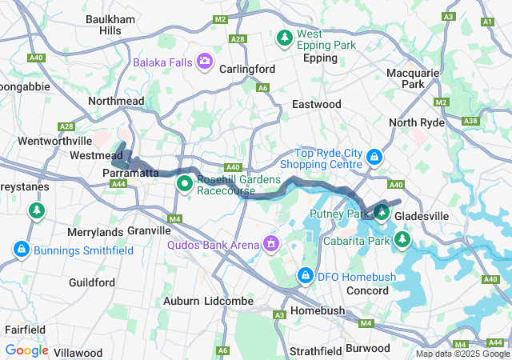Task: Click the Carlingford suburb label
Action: pyautogui.click(x=247, y=69)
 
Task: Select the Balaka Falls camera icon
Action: pyautogui.click(x=206, y=61)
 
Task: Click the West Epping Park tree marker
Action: pyautogui.click(x=284, y=38)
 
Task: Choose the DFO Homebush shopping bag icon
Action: pyautogui.click(x=305, y=276)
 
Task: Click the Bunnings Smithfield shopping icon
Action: pyautogui.click(x=22, y=249)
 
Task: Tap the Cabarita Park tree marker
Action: pyautogui.click(x=402, y=239)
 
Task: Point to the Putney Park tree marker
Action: pyautogui.click(x=382, y=213)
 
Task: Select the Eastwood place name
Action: pyautogui.click(x=316, y=104)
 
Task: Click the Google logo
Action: pyautogui.click(x=26, y=350)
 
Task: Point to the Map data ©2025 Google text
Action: pyautogui.click(x=462, y=354)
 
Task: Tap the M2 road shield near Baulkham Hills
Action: pyautogui.click(x=222, y=18)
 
